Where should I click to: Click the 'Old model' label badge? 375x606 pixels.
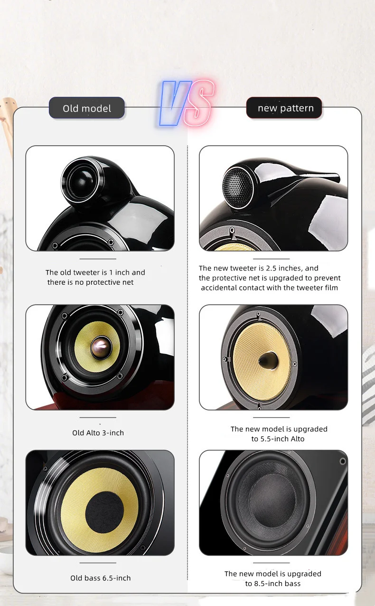tap(86, 108)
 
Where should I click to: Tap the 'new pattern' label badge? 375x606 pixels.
tap(284, 108)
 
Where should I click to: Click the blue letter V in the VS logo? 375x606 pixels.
tap(175, 103)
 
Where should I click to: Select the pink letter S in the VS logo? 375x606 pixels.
tap(199, 103)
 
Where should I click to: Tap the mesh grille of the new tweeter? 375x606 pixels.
tap(236, 186)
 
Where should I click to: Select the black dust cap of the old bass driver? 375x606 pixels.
tap(104, 511)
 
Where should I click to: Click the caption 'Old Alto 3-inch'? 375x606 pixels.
tap(98, 433)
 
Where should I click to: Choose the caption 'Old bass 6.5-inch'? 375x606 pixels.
tap(100, 578)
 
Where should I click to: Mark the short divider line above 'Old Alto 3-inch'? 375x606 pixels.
tap(98, 418)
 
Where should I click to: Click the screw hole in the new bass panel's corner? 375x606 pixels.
tap(343, 461)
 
